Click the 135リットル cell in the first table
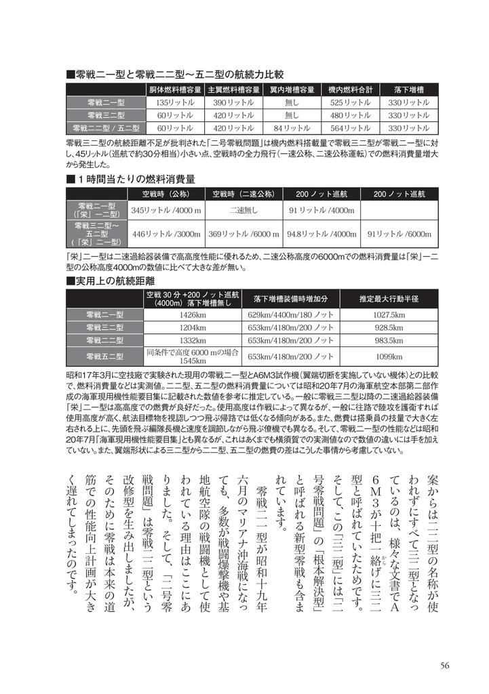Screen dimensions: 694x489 tap(175, 102)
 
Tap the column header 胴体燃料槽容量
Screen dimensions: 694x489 tap(175, 89)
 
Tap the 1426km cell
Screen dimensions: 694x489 tap(193, 315)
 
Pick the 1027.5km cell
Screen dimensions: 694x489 tap(389, 315)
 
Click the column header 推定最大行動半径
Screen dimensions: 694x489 tap(389, 299)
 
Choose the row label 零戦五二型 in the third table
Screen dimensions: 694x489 tap(104, 356)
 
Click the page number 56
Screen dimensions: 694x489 tap(444, 665)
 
